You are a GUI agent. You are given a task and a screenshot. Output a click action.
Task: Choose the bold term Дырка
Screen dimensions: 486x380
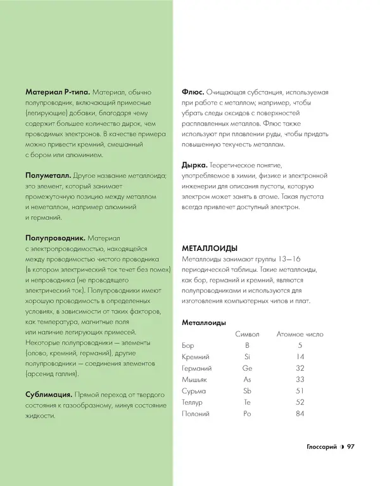(x=195, y=165)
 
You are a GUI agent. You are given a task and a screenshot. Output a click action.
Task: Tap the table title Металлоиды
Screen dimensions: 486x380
(x=204, y=323)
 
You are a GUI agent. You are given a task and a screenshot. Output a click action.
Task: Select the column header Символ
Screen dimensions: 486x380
(x=247, y=334)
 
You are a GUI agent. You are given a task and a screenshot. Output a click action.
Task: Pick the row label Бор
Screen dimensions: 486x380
(x=187, y=345)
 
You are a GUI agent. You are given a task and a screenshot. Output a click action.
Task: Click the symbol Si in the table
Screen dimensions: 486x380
(x=247, y=357)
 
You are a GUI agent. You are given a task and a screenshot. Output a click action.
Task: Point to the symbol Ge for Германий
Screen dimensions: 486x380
(x=247, y=368)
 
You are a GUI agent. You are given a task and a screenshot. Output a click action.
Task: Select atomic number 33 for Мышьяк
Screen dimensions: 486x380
(x=300, y=380)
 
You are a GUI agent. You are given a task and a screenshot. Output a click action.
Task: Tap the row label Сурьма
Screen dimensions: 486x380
(x=193, y=391)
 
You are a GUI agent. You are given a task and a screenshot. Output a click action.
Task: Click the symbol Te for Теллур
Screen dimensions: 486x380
(x=247, y=402)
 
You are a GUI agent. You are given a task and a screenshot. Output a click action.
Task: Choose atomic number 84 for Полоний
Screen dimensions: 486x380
(x=300, y=414)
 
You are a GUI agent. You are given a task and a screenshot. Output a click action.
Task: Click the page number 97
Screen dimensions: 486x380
(x=350, y=447)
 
